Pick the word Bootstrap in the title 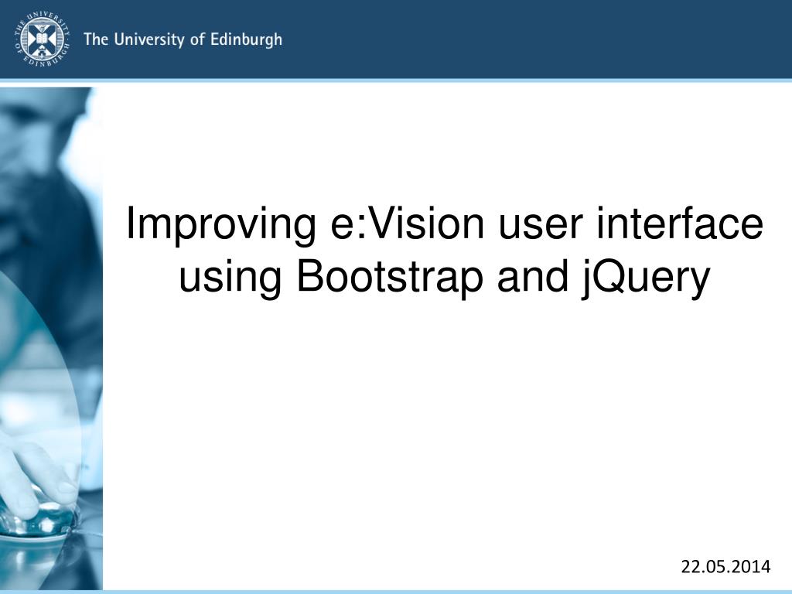tap(391, 278)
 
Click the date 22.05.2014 tap(725, 568)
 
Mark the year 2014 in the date tap(752, 568)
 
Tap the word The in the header tap(95, 39)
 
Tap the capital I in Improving tap(131, 224)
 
